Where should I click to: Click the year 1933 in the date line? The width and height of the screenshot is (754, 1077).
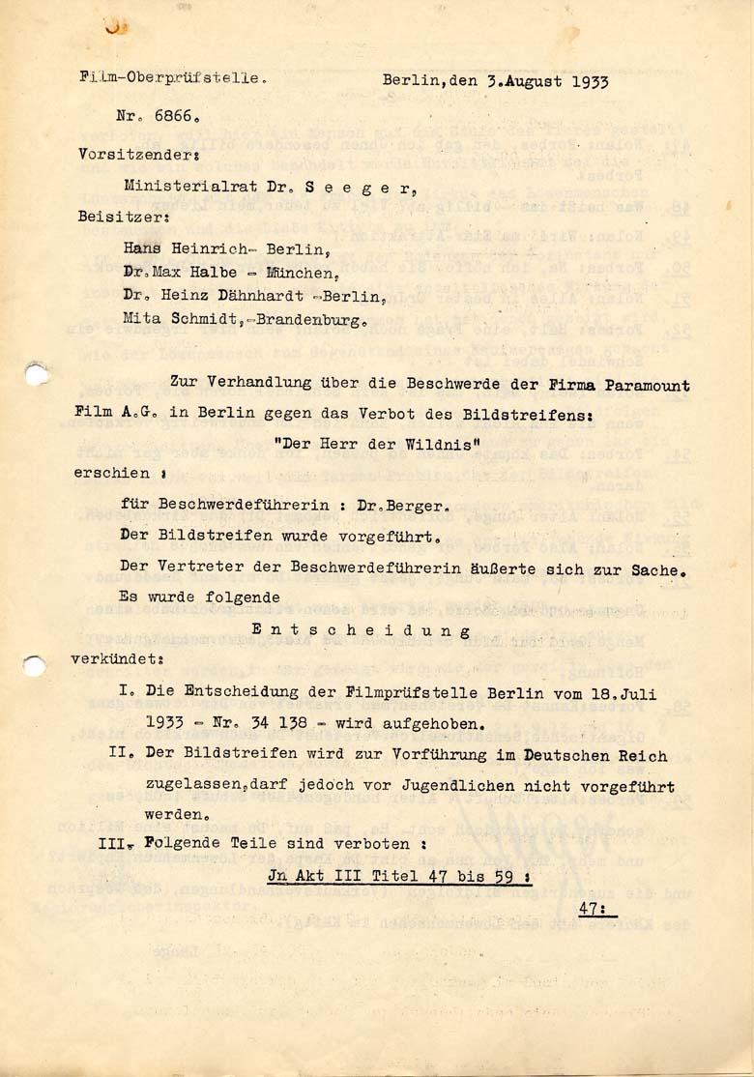(590, 81)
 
